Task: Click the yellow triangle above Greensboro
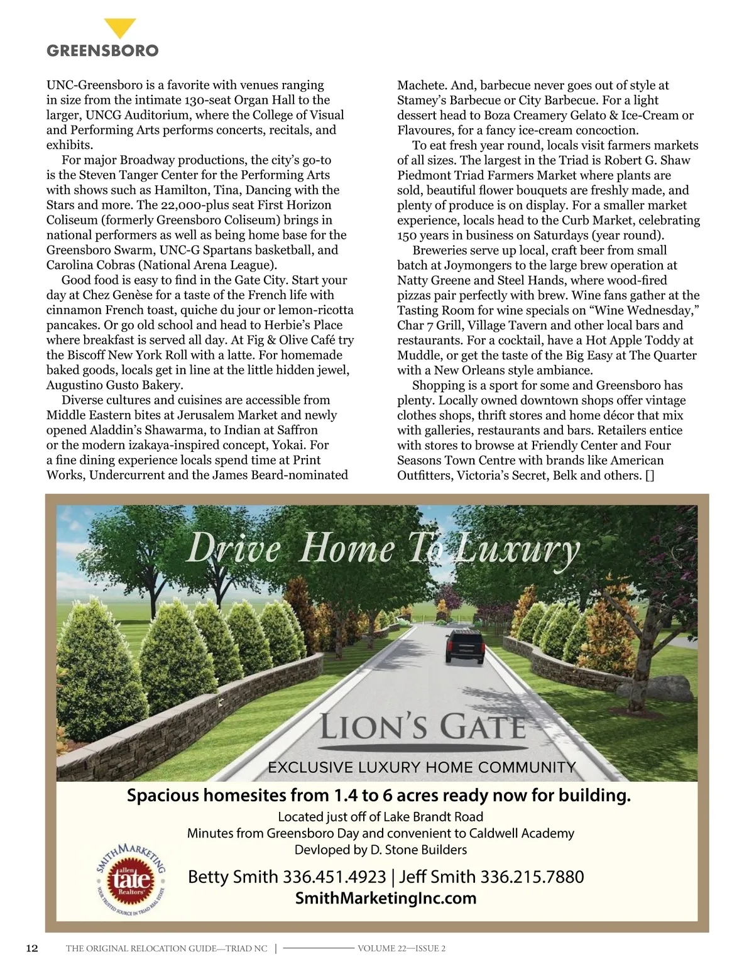(119, 28)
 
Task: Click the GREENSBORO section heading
(102, 51)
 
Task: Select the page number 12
(31, 948)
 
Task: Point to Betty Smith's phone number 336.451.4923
(334, 877)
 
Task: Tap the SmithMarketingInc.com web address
(386, 898)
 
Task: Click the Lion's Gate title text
(422, 728)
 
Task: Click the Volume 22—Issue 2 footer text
(402, 948)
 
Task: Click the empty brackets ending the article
(650, 475)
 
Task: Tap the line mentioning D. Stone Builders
(381, 850)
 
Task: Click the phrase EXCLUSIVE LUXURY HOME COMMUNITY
(422, 767)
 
